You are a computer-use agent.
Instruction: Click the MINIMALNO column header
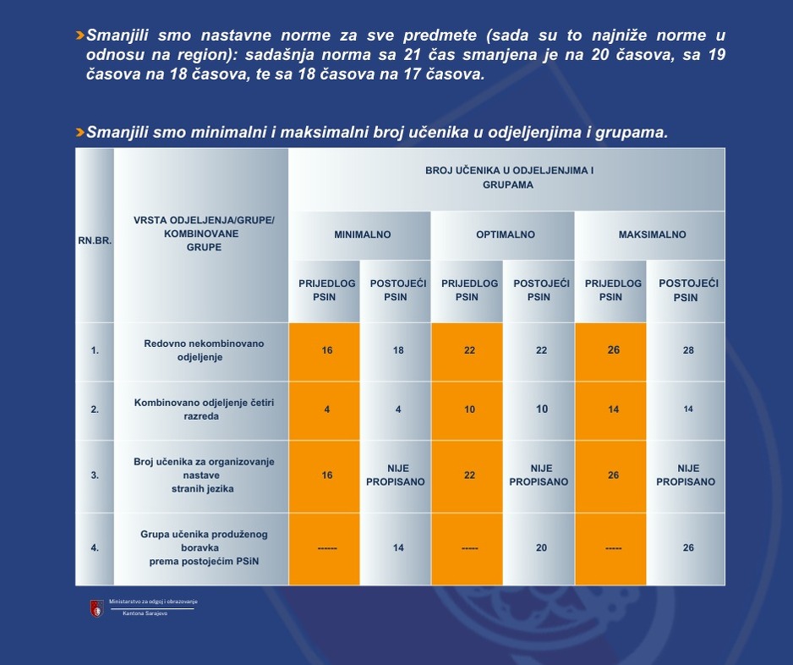pos(362,234)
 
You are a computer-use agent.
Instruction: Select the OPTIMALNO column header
pos(505,234)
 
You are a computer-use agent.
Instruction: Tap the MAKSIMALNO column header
pos(650,234)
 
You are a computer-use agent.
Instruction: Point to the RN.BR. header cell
pos(95,239)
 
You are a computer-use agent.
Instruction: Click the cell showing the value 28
pos(688,350)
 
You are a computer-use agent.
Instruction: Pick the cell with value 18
pos(398,350)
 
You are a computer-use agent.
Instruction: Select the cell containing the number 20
pos(541,547)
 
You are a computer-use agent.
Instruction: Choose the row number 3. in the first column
pos(95,475)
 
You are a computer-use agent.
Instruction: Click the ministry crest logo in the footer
pos(96,607)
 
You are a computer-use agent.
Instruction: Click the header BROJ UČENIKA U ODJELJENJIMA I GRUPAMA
pos(508,178)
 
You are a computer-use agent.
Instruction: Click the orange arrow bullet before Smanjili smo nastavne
pos(79,36)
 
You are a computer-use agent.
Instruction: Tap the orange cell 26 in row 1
pos(613,350)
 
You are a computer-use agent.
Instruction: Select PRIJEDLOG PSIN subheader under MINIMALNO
pos(326,290)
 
